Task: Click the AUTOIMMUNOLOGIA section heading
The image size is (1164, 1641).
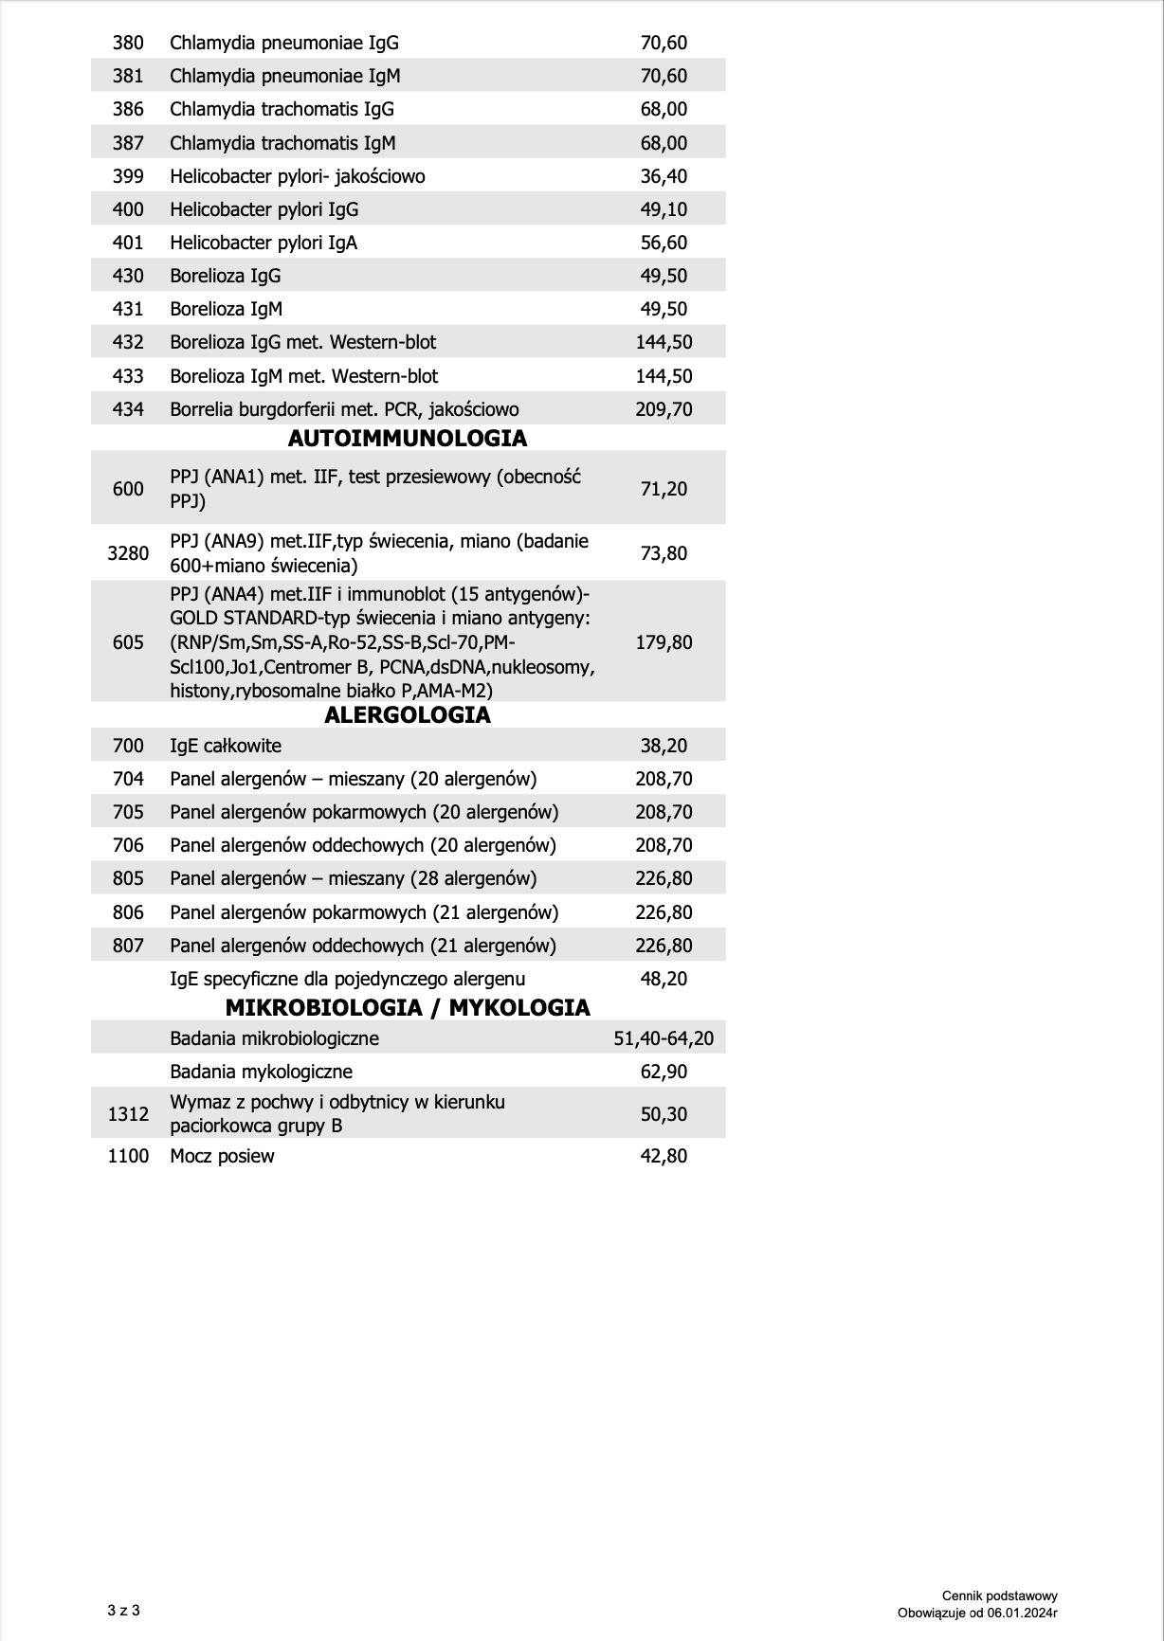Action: pos(407,439)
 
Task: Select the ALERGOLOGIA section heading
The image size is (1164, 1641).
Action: pos(407,715)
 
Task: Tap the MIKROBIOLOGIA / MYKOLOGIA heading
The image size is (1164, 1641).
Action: pos(408,1007)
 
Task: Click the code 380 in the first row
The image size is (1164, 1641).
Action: pos(128,43)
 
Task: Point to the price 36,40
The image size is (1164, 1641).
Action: pos(664,176)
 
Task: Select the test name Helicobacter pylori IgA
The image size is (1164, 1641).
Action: pos(264,243)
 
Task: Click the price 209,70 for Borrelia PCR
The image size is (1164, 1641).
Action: pos(664,409)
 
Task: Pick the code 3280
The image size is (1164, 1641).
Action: pos(128,553)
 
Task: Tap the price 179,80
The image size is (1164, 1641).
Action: pos(664,642)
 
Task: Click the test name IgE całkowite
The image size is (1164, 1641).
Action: pos(226,746)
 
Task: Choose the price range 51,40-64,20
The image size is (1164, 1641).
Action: pos(664,1038)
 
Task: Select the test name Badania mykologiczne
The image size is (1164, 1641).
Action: pos(261,1072)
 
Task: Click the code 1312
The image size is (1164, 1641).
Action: pos(128,1114)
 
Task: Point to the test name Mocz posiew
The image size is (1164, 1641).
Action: pos(222,1156)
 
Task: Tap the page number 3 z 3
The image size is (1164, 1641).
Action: pos(124,1610)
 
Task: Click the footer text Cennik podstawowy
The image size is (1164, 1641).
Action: pos(1000,1596)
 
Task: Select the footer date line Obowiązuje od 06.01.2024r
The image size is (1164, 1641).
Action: pos(977,1613)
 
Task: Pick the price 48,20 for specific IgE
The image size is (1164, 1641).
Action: pos(664,979)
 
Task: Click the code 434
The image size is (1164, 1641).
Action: pos(128,409)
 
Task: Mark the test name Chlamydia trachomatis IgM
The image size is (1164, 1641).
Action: pos(282,143)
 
